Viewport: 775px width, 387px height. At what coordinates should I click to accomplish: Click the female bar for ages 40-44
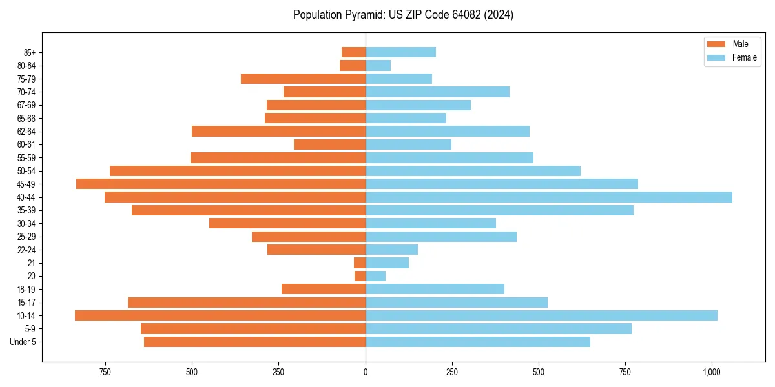coord(549,197)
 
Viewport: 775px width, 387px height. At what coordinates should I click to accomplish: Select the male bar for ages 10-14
coord(220,315)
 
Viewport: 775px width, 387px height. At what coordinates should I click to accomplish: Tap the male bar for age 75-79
coord(303,79)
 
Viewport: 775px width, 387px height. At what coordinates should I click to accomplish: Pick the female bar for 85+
coord(400,52)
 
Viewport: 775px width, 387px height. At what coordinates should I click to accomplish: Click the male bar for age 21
coord(360,263)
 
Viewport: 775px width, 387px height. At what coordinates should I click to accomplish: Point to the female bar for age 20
coord(375,276)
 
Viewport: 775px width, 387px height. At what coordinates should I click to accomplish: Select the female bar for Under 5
coord(478,342)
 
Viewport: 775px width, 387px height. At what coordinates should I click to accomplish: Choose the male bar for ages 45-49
coord(221,184)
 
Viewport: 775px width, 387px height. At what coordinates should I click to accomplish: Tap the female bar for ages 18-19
coord(435,289)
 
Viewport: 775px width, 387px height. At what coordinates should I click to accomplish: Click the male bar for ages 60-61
coord(329,144)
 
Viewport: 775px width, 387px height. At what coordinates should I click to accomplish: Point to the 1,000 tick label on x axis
coord(711,372)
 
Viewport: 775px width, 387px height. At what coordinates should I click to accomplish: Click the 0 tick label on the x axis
coord(366,372)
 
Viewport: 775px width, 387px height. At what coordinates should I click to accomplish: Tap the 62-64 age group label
coord(26,132)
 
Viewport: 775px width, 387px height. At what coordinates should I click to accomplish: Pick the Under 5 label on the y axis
coord(23,342)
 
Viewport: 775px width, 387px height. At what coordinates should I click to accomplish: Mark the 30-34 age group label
coord(26,223)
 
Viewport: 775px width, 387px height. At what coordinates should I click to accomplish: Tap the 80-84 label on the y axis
coord(26,65)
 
